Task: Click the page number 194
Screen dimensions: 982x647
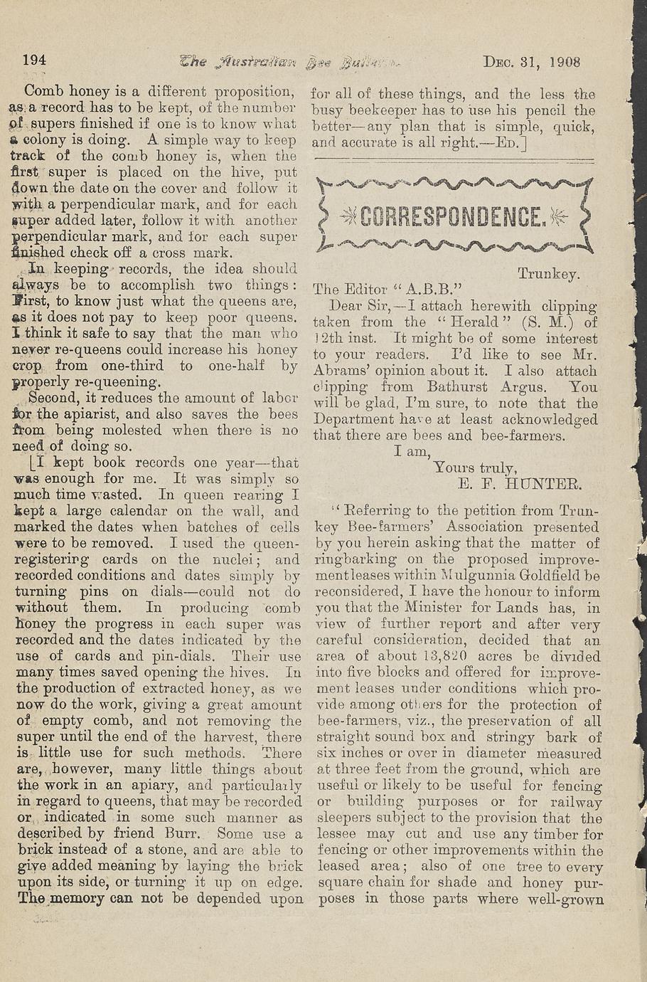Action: click(35, 60)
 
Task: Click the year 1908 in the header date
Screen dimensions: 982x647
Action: click(565, 61)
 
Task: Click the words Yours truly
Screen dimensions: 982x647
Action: click(474, 468)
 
